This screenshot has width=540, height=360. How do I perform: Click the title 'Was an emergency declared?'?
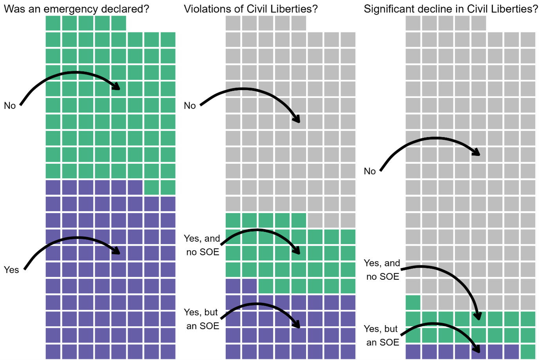[76, 9]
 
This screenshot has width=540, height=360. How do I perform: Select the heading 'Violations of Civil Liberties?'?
[251, 9]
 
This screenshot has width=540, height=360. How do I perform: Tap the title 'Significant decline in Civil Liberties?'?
[451, 9]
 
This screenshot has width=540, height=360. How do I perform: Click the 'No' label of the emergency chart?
[10, 106]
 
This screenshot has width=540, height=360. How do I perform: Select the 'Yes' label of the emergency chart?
[11, 270]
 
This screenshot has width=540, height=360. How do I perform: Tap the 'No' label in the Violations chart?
[190, 106]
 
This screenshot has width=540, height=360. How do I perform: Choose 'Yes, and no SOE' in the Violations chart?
[202, 245]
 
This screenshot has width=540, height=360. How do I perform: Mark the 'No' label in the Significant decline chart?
[370, 171]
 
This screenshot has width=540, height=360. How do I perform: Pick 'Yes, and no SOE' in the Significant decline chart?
[382, 270]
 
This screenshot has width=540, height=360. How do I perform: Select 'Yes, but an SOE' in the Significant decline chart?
[381, 336]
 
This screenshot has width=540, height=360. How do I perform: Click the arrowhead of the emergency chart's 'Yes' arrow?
[117, 251]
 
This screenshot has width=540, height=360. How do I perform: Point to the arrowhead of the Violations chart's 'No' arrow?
[297, 119]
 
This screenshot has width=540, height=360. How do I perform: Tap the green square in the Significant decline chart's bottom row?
[528, 351]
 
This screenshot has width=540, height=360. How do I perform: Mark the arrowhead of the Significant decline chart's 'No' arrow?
[477, 153]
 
